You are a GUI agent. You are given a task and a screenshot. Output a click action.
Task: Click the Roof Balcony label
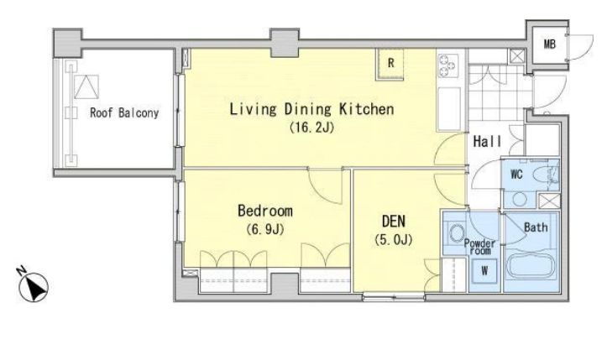point(124,112)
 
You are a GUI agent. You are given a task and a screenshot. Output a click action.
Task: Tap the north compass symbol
point(34,285)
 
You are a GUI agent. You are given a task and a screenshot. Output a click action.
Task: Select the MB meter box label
point(549,44)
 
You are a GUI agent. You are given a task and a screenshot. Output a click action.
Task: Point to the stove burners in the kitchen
point(447,65)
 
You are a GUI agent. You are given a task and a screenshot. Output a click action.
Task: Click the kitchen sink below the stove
point(449,109)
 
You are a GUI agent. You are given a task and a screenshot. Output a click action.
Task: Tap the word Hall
point(487,141)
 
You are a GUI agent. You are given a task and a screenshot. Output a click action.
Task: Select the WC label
point(516,175)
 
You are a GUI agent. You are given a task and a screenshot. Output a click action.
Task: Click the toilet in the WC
point(547,175)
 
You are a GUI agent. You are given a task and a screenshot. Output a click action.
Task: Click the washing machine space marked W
point(484,271)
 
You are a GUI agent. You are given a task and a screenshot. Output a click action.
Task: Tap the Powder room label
point(480,247)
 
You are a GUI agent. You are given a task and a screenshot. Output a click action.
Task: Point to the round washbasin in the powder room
point(457,233)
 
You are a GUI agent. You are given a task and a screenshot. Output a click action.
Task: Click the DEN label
point(393,221)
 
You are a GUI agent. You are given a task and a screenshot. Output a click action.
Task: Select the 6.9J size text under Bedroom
point(265,230)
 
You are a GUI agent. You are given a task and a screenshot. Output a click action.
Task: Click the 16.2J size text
point(311,128)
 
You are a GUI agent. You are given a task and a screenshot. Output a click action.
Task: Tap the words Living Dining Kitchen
point(311,109)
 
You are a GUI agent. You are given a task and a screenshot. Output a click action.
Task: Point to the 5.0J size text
point(393,240)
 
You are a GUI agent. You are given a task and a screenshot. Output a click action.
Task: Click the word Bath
point(536,227)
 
